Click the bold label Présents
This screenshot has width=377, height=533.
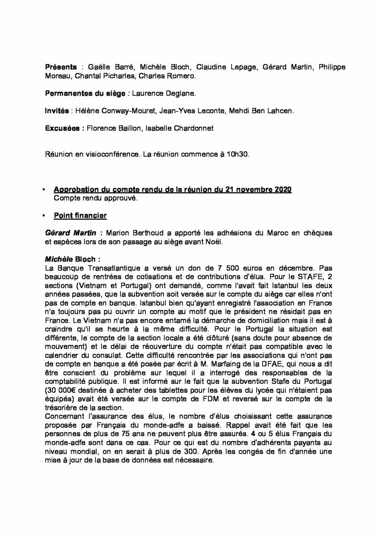(61, 67)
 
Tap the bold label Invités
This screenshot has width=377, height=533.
(57, 111)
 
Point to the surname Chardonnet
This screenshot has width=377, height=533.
(195, 128)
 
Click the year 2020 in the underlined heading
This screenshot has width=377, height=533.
(283, 189)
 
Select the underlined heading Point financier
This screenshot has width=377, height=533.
(80, 216)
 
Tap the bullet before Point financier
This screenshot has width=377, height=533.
(44, 216)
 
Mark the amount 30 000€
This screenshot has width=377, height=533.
(61, 390)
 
